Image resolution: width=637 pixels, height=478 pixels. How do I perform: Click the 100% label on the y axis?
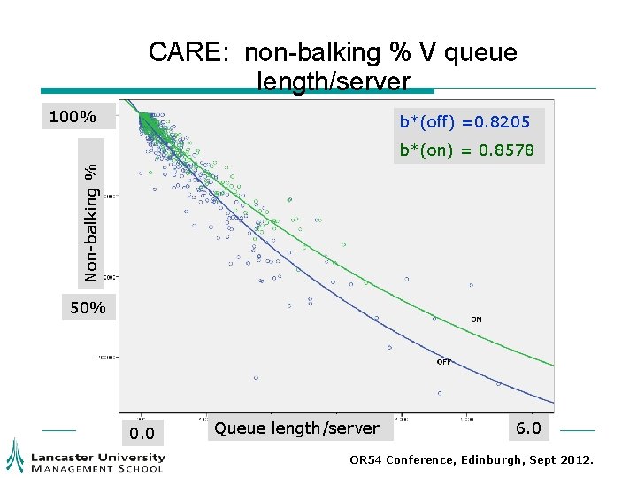click(x=72, y=116)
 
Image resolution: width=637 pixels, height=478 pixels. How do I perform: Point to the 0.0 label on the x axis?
click(x=142, y=433)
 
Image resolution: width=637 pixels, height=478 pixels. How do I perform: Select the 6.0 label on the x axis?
click(x=528, y=429)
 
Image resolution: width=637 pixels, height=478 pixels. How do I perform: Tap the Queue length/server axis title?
click(x=296, y=428)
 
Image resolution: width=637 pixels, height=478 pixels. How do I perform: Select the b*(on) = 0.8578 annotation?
click(x=466, y=150)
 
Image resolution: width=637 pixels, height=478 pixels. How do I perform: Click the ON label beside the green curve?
click(x=476, y=320)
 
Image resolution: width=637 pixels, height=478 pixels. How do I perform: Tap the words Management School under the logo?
click(x=97, y=467)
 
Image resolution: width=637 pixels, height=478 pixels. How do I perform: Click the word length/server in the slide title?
click(x=334, y=81)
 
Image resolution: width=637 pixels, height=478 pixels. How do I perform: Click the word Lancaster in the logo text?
click(x=64, y=457)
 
